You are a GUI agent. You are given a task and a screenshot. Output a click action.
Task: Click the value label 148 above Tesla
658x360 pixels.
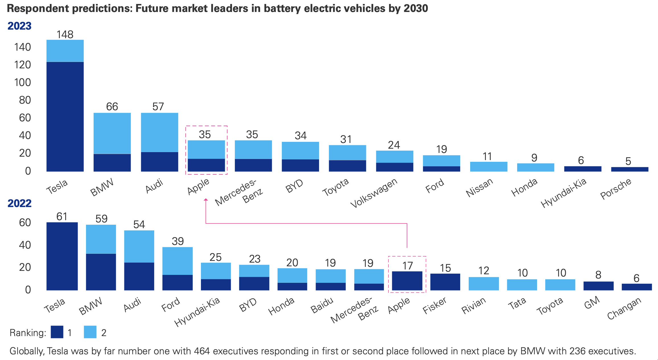click(x=65, y=34)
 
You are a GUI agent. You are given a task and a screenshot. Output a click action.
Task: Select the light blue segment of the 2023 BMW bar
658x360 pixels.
click(x=112, y=133)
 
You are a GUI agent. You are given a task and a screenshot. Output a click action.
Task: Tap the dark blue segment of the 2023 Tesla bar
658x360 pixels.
click(x=65, y=116)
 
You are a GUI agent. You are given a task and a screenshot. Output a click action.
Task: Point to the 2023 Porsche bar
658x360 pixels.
click(x=630, y=169)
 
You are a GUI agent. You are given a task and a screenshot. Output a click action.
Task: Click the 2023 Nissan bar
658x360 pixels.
click(x=488, y=167)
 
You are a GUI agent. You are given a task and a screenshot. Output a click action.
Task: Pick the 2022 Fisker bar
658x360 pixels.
click(x=445, y=282)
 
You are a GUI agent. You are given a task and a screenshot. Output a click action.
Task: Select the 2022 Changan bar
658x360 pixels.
click(x=637, y=287)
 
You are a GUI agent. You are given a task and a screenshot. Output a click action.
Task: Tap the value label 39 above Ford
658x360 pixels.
click(x=178, y=241)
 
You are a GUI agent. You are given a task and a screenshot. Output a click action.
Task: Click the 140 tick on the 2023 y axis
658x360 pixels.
click(x=22, y=47)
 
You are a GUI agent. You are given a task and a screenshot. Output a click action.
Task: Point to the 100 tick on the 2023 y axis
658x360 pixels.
click(x=22, y=82)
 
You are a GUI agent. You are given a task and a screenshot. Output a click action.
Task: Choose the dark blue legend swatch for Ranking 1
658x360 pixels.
click(x=57, y=332)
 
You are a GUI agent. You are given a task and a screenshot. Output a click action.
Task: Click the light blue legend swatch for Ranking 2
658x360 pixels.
click(x=90, y=332)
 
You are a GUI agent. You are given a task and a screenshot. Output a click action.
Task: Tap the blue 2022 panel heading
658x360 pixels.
click(x=19, y=203)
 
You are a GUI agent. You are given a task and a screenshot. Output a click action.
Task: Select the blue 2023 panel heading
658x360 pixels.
click(x=19, y=26)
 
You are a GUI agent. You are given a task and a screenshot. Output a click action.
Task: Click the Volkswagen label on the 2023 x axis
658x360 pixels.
click(x=374, y=193)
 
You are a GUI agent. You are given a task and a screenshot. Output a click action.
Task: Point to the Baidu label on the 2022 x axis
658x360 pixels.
click(x=322, y=305)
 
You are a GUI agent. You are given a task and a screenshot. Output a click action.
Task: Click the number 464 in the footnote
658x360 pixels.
click(x=202, y=351)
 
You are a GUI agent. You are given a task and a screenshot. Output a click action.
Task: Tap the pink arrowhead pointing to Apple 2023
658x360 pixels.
click(x=206, y=200)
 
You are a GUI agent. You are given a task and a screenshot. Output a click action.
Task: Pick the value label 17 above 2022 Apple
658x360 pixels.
click(x=408, y=266)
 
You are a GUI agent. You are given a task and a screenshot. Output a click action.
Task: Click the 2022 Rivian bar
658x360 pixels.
click(x=484, y=284)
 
